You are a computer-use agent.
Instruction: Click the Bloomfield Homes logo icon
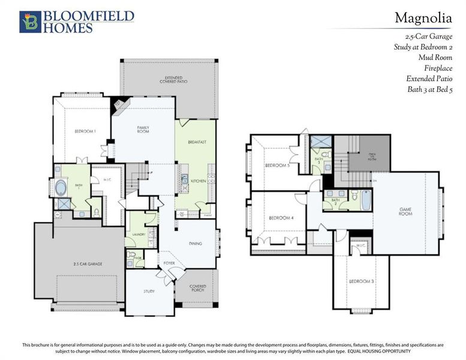29,22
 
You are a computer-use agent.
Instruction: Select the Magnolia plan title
423,18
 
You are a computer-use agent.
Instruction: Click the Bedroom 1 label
85,131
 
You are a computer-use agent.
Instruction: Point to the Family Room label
143,130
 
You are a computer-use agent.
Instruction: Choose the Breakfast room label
197,142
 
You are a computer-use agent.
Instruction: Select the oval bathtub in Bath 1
62,188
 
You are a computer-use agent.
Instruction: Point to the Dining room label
195,244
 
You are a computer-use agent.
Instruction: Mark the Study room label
149,291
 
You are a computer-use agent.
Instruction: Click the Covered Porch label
198,289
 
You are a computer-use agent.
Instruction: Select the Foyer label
169,263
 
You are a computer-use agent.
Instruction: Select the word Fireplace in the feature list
438,68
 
